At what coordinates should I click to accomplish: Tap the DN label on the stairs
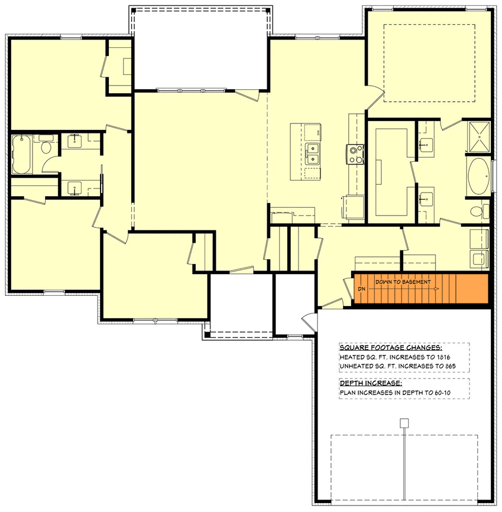(362, 289)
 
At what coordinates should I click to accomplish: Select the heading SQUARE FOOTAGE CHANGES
(390, 347)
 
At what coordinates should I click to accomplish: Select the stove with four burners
(355, 154)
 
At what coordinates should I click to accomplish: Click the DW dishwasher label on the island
(318, 132)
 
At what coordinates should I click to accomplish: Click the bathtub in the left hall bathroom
(21, 155)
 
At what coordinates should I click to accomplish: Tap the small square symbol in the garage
(404, 423)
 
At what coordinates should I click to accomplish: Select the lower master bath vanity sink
(425, 198)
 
